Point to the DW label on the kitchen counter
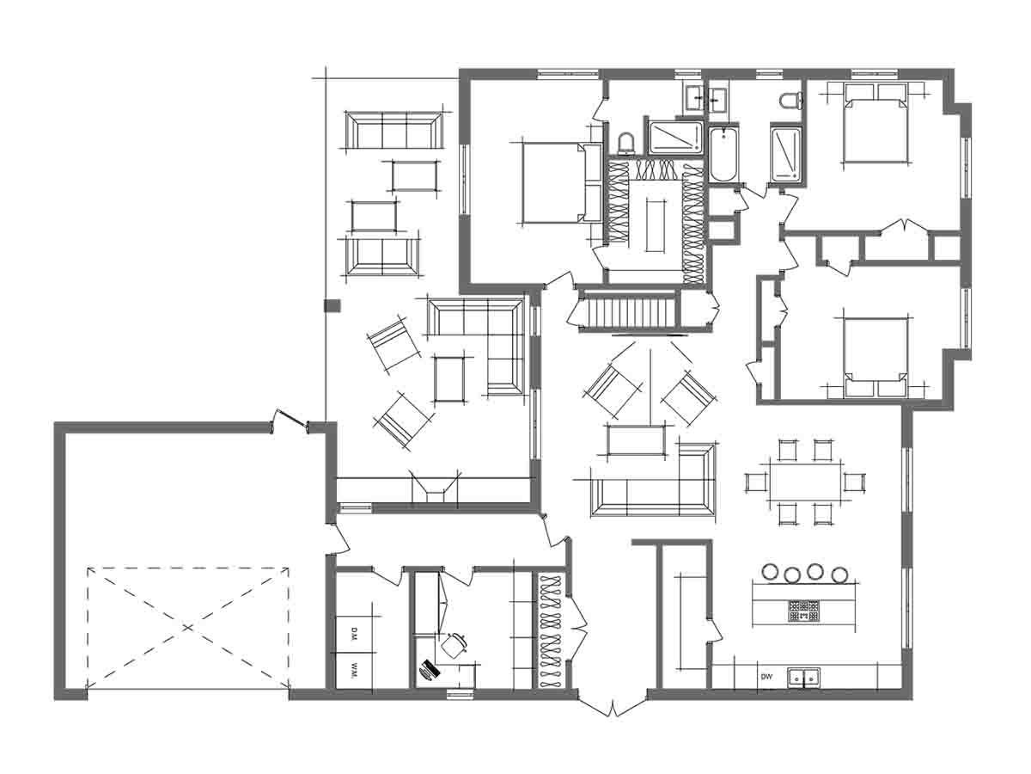(x=766, y=677)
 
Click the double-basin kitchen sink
(x=803, y=678)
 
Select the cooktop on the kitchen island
(x=803, y=610)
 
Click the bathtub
(x=723, y=154)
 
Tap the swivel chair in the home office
(x=454, y=645)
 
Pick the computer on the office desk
(x=430, y=669)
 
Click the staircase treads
(x=630, y=310)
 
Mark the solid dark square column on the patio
(x=332, y=305)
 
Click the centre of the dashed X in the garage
(x=188, y=628)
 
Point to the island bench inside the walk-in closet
(x=656, y=225)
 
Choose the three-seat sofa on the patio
(x=393, y=130)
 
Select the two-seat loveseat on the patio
(x=381, y=257)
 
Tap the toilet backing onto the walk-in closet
(x=625, y=144)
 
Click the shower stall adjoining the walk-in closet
(x=675, y=138)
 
